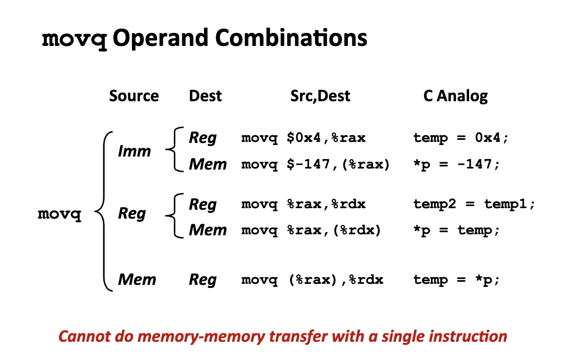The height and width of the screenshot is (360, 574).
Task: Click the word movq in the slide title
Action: click(74, 39)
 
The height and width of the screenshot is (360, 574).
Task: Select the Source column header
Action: click(134, 96)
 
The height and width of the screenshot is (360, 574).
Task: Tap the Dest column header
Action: click(205, 96)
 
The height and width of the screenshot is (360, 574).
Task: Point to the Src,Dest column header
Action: click(320, 96)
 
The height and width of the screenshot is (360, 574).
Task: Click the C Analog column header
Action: click(456, 96)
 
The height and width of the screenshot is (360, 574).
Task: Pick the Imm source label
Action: click(134, 151)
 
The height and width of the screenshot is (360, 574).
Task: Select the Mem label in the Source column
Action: click(137, 280)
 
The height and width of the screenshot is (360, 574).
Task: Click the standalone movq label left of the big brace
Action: click(59, 215)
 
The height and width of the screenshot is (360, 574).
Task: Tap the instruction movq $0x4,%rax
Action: click(303, 138)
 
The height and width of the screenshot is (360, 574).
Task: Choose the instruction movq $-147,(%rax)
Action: click(315, 165)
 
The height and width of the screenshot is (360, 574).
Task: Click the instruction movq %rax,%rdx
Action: click(303, 205)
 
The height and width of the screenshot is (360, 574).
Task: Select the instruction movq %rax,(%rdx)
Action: click(311, 230)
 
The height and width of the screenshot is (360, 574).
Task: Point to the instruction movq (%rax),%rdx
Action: click(312, 280)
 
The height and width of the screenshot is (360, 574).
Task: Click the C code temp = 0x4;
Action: click(461, 138)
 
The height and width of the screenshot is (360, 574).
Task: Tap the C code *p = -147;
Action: click(457, 165)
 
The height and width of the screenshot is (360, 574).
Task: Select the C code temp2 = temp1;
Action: click(474, 205)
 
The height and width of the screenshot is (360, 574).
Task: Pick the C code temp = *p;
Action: click(457, 280)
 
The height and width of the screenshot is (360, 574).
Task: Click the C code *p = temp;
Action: click(457, 230)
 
